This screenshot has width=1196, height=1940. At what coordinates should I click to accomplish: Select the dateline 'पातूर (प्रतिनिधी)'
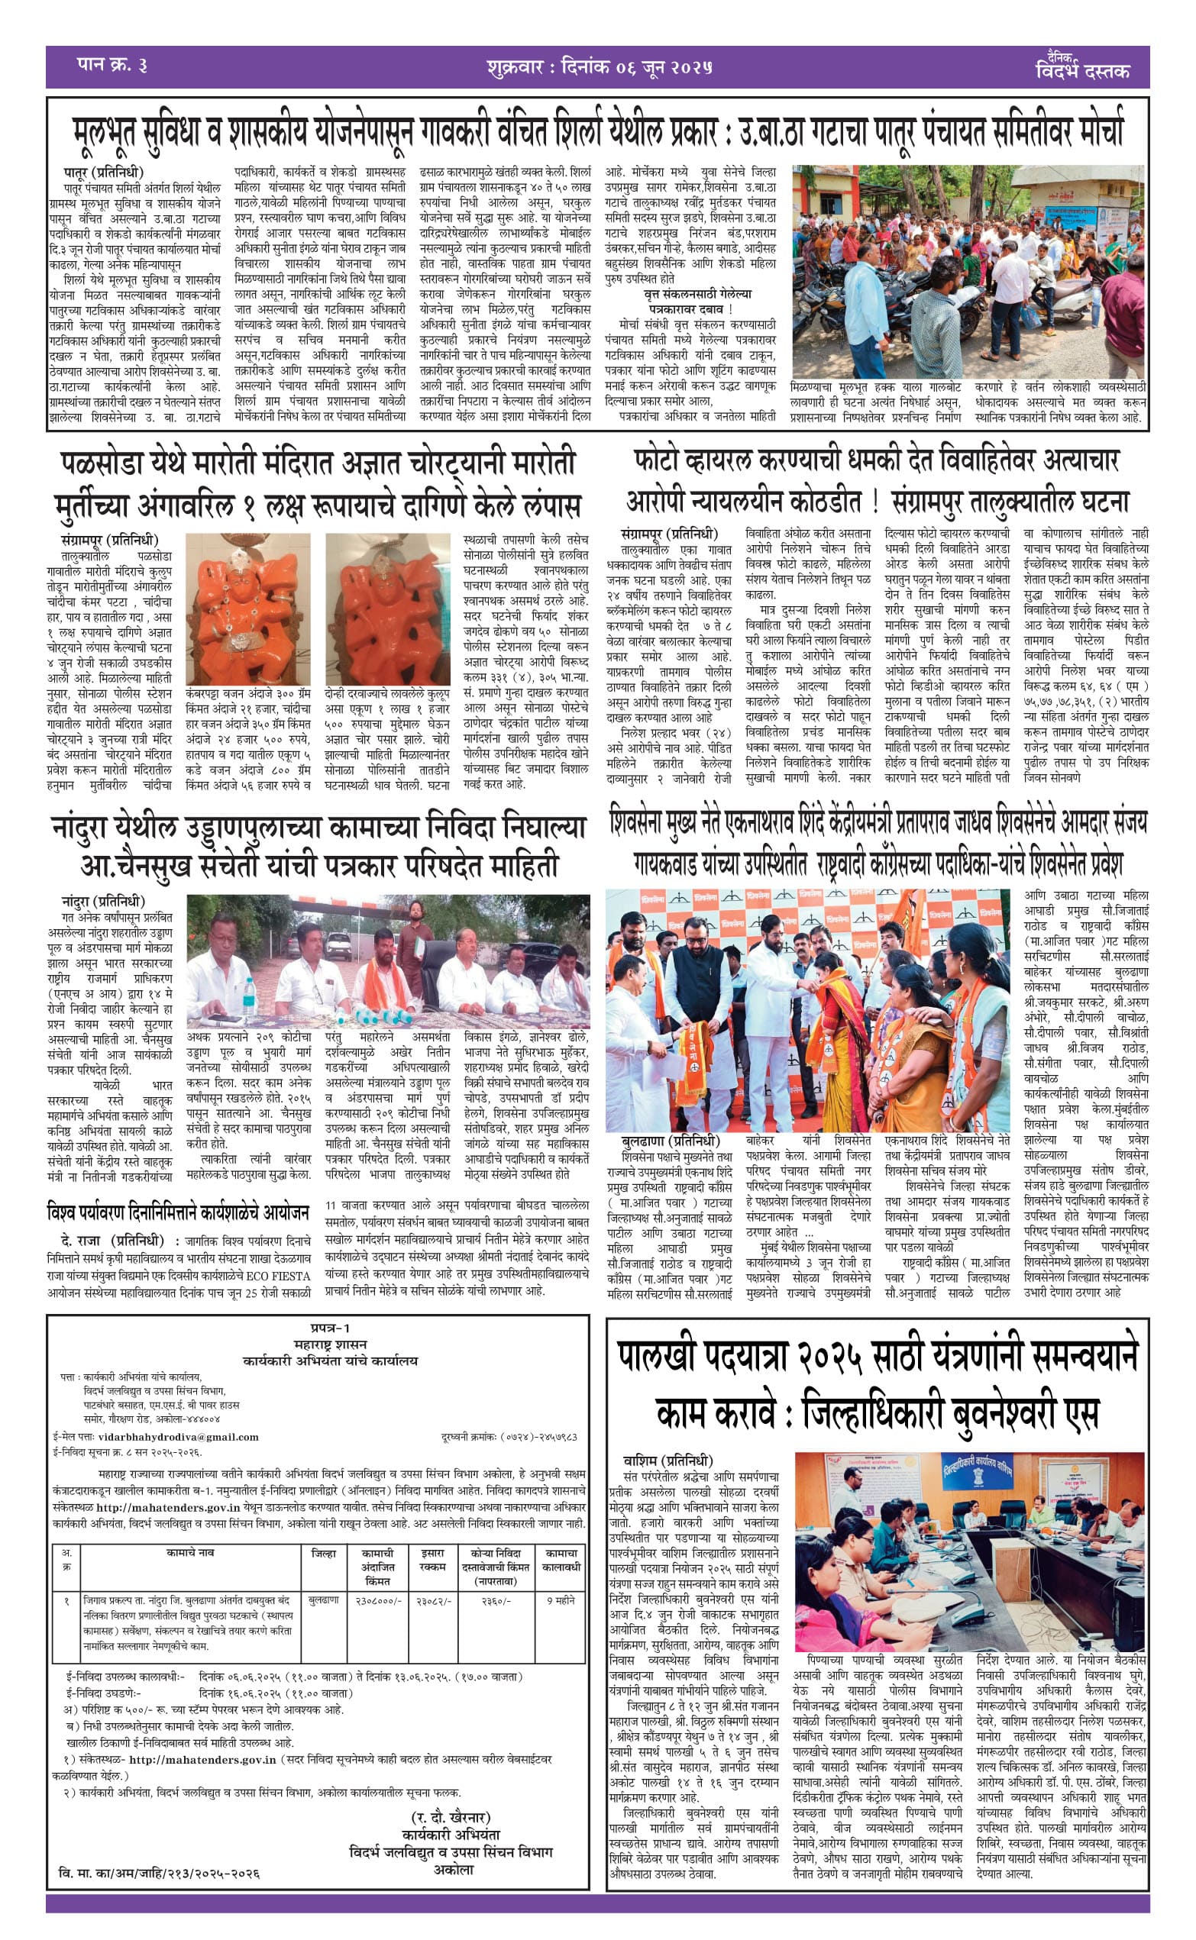pyautogui.click(x=104, y=172)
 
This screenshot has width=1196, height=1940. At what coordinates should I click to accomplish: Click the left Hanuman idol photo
pyautogui.click(x=247, y=608)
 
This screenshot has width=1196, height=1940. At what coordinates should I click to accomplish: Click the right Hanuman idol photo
pyautogui.click(x=388, y=608)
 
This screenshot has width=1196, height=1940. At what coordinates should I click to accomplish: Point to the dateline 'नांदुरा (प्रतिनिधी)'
pyautogui.click(x=104, y=901)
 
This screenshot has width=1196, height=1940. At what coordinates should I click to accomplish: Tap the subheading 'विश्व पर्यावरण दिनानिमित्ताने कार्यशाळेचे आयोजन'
pyautogui.click(x=177, y=1212)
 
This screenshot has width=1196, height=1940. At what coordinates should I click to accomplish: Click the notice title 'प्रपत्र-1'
pyautogui.click(x=330, y=1328)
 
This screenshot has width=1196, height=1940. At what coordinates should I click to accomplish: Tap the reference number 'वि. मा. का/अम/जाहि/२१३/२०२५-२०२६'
pyautogui.click(x=159, y=1874)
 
